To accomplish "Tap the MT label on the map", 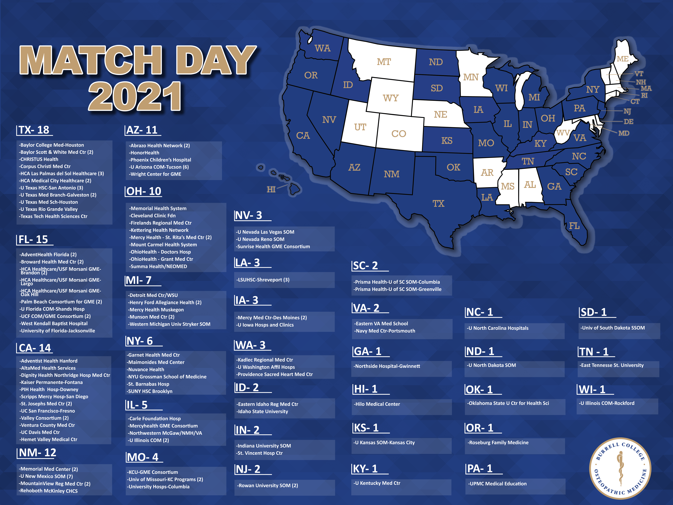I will pyautogui.click(x=384, y=62).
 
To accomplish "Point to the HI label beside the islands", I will pyautogui.click(x=271, y=190).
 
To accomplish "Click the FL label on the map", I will pyautogui.click(x=574, y=226).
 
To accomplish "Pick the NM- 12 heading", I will pyautogui.click(x=37, y=453).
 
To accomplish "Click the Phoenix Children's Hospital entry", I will pyautogui.click(x=161, y=160).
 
